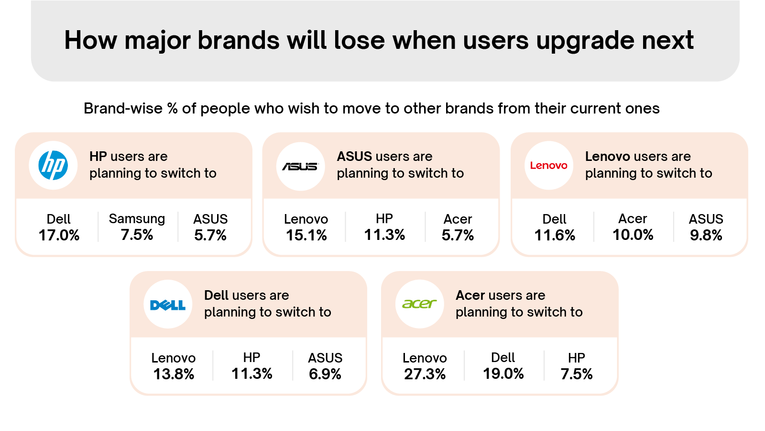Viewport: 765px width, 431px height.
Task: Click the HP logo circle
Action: tap(53, 165)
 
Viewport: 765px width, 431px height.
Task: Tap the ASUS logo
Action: tap(300, 166)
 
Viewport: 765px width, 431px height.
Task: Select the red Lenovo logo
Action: tap(548, 166)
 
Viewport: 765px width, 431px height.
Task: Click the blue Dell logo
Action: tap(168, 305)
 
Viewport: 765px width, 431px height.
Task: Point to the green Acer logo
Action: tap(419, 304)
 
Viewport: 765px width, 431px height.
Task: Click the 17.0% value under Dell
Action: tap(59, 235)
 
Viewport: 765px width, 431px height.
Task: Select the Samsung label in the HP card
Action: tap(137, 219)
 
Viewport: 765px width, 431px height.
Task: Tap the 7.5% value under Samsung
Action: tap(137, 235)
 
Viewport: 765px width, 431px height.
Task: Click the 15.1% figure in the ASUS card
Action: tap(306, 235)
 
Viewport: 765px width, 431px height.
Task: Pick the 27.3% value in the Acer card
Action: tap(425, 374)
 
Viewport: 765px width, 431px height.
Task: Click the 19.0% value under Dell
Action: tap(503, 374)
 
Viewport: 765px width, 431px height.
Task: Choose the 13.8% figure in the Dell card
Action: tap(174, 374)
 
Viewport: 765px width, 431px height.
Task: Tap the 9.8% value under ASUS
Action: tap(706, 235)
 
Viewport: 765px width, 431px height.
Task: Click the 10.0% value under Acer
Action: tap(633, 235)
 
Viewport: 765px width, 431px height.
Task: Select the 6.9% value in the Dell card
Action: tap(325, 374)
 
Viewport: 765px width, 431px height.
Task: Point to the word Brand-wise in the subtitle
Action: tap(123, 109)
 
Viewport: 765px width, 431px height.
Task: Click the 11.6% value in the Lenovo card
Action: tap(555, 235)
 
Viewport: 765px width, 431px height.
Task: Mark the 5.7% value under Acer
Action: tap(458, 235)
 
